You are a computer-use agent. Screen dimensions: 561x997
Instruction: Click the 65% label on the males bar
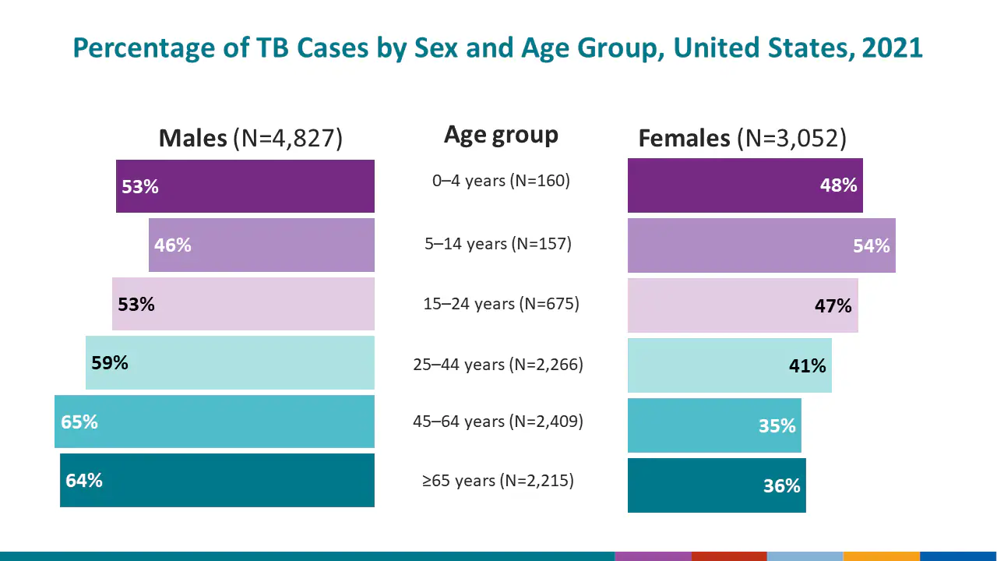[79, 422]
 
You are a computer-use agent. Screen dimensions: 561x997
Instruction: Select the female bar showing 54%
[761, 245]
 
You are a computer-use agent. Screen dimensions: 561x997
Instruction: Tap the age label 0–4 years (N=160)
[501, 181]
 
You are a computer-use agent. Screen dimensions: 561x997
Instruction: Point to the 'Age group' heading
[501, 135]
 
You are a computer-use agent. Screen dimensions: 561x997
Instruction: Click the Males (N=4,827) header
[250, 139]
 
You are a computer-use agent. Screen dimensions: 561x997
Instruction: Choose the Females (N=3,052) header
[742, 139]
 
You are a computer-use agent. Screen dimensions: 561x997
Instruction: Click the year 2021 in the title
[892, 48]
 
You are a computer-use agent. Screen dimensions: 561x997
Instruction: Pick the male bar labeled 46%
[261, 245]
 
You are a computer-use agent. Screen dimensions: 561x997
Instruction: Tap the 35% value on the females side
[777, 426]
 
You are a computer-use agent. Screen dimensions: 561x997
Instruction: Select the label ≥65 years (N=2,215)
[498, 481]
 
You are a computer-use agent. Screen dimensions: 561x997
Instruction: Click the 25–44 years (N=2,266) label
[498, 364]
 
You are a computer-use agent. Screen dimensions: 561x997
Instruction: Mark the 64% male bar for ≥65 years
[217, 481]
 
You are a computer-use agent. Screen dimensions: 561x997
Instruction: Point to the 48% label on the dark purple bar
[838, 185]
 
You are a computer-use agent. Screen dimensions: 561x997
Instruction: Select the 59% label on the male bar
[110, 363]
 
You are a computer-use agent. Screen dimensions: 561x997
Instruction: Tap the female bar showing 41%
[729, 365]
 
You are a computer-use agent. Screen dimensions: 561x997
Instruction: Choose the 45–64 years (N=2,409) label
[498, 422]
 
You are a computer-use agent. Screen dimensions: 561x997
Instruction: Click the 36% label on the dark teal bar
[781, 486]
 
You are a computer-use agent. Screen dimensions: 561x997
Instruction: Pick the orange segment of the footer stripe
[881, 556]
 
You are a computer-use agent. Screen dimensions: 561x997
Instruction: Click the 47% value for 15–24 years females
[833, 306]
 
